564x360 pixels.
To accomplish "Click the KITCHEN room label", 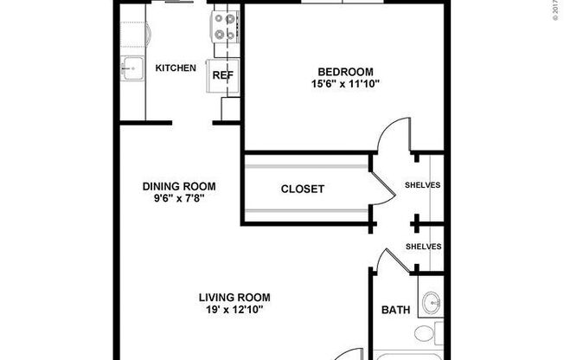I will pos(175,67).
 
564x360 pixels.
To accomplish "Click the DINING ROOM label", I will pos(179,186).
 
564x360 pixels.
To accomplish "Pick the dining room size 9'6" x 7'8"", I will pos(179,198).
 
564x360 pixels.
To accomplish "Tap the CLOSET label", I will pos(303,189).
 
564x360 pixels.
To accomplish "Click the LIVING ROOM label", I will pos(228,296).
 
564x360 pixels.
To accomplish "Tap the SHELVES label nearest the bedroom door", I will pos(423,185).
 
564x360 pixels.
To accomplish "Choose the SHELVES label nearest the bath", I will pos(423,247).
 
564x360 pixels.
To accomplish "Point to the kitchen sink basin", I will pos(132,67).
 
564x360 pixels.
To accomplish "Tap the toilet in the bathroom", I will pos(426,335).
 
